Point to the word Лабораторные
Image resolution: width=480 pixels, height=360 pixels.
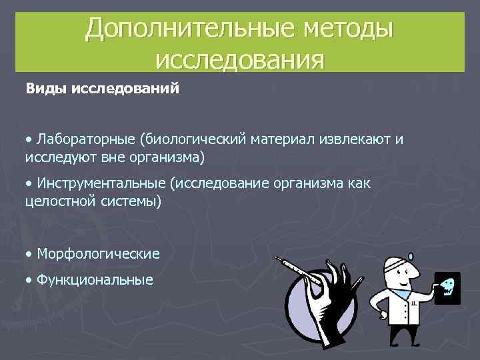(87, 139)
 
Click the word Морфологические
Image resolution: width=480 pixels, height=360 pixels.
(99, 254)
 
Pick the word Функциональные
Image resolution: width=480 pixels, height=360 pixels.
(95, 280)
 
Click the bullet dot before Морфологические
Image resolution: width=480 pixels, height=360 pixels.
(29, 254)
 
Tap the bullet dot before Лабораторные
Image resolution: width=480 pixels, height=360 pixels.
(29, 139)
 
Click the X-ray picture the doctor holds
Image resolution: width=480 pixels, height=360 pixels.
(447, 288)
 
